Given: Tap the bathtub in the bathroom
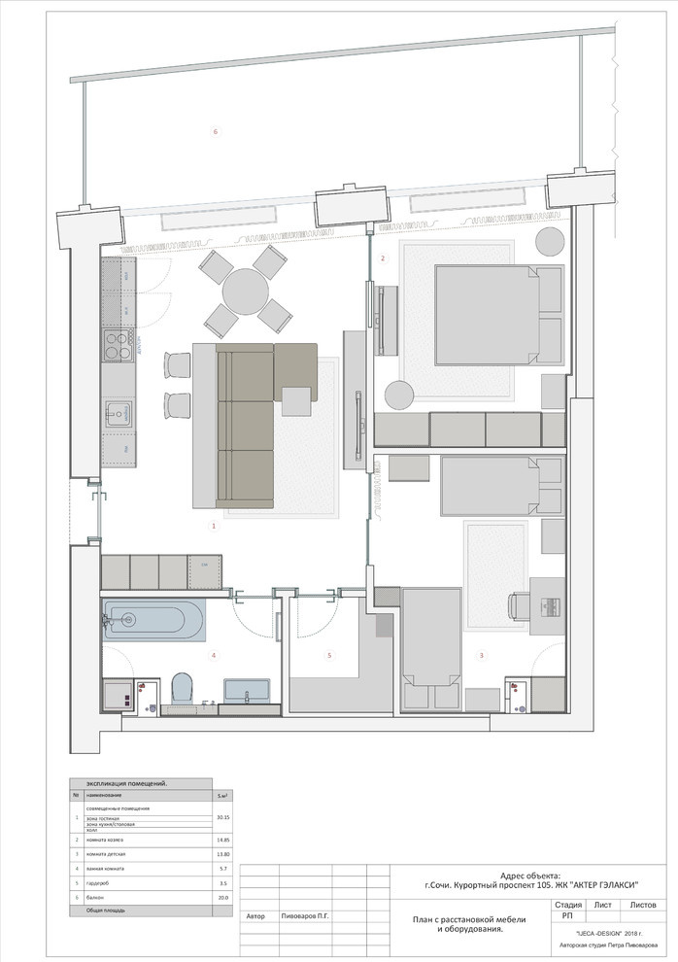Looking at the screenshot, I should coord(154,620).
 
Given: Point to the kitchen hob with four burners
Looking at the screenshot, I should coord(119,346).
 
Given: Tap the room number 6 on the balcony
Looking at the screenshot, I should coord(216,131).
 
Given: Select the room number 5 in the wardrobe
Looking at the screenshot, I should coord(328,656).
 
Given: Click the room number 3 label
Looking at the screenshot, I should coord(482,656).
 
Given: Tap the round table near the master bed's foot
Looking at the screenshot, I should coord(399,395).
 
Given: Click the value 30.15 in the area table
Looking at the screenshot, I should coord(222,817).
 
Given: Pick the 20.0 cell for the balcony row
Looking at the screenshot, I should coord(222,898).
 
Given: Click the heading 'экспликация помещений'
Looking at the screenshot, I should coord(127,783).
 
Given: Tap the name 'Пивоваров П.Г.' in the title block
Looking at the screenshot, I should coord(307,916).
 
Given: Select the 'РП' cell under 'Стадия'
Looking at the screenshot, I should coord(567,915).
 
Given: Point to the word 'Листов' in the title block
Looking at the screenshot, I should coord(642,904).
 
